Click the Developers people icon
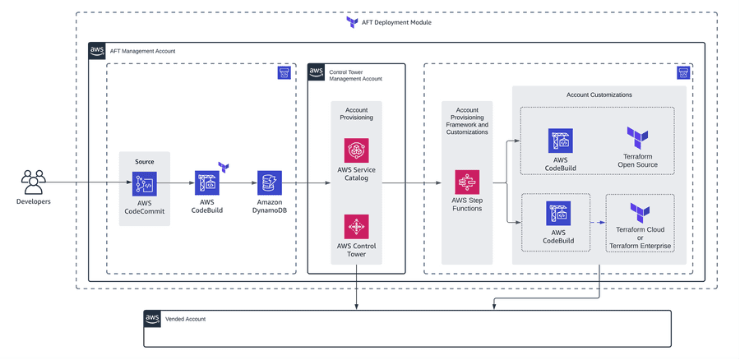pos(34,182)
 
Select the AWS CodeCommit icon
pos(144,183)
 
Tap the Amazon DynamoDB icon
pos(269,182)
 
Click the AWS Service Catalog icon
pos(356,150)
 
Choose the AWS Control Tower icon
pos(356,226)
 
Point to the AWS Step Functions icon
pos(467,182)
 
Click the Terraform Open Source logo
pos(637,138)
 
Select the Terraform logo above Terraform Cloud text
pos(640,212)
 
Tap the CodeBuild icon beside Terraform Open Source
pos(560,141)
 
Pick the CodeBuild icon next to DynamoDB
pos(207,182)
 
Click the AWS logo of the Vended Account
pos(152,319)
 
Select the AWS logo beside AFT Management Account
pos(97,51)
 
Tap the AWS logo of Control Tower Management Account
pos(317,73)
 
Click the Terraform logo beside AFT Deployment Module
pos(352,22)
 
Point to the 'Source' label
pos(144,162)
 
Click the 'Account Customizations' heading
pos(599,95)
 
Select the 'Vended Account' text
pos(185,319)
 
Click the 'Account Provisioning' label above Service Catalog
pos(356,113)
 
